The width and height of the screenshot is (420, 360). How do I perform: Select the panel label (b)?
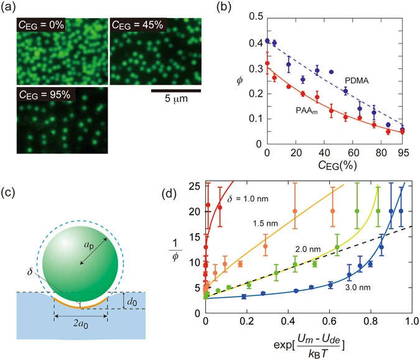[231, 7]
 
